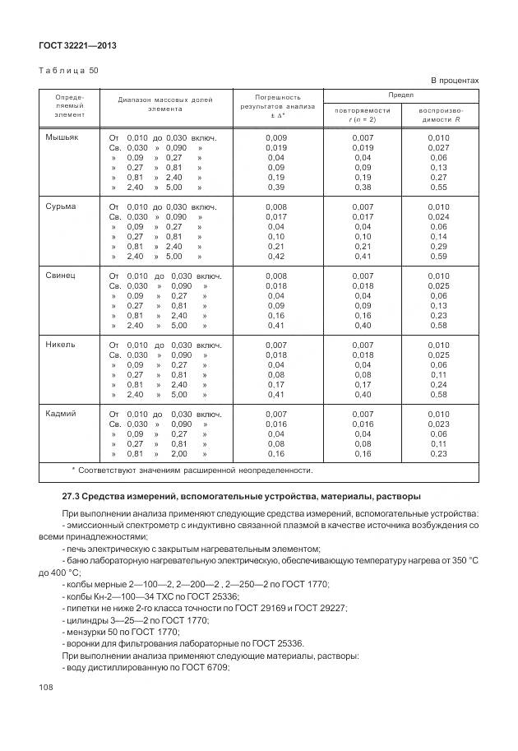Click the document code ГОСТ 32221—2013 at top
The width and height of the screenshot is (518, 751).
click(77, 46)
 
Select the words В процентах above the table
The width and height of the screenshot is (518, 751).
click(455, 81)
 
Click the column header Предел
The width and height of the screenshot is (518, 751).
click(401, 95)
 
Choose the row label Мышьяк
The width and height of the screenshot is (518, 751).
click(62, 137)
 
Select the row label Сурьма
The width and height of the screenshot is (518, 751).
click(62, 206)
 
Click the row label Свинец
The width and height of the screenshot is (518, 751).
click(62, 276)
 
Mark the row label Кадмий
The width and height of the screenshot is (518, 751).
click(62, 414)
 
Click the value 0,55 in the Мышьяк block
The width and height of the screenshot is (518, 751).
click(439, 187)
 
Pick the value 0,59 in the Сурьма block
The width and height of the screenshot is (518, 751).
click(439, 256)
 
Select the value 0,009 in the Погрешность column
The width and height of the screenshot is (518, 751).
click(276, 137)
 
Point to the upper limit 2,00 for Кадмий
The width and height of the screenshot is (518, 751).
click(179, 453)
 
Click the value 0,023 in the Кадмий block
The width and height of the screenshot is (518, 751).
click(439, 424)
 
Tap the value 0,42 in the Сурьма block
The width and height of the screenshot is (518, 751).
click(276, 256)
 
